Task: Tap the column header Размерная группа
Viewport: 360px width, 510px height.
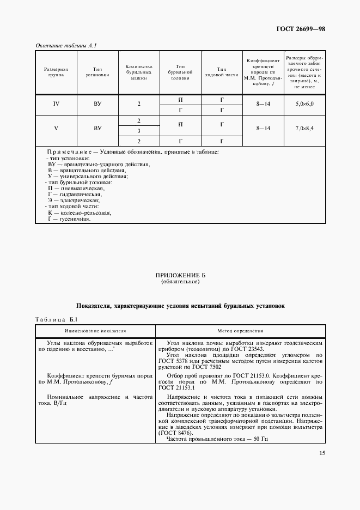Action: [56, 72]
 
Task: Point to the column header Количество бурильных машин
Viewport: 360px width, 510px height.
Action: [139, 72]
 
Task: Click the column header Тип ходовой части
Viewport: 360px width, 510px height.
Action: [222, 72]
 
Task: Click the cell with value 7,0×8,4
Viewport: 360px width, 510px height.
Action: [304, 129]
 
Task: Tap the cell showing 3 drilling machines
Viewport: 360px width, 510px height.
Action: [139, 131]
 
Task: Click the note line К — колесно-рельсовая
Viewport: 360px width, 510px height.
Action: [79, 213]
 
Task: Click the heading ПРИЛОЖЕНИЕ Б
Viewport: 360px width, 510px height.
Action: [180, 277]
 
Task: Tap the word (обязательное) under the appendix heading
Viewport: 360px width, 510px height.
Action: [180, 283]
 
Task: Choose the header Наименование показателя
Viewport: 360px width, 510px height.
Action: [95, 331]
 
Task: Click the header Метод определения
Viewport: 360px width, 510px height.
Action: [241, 331]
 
